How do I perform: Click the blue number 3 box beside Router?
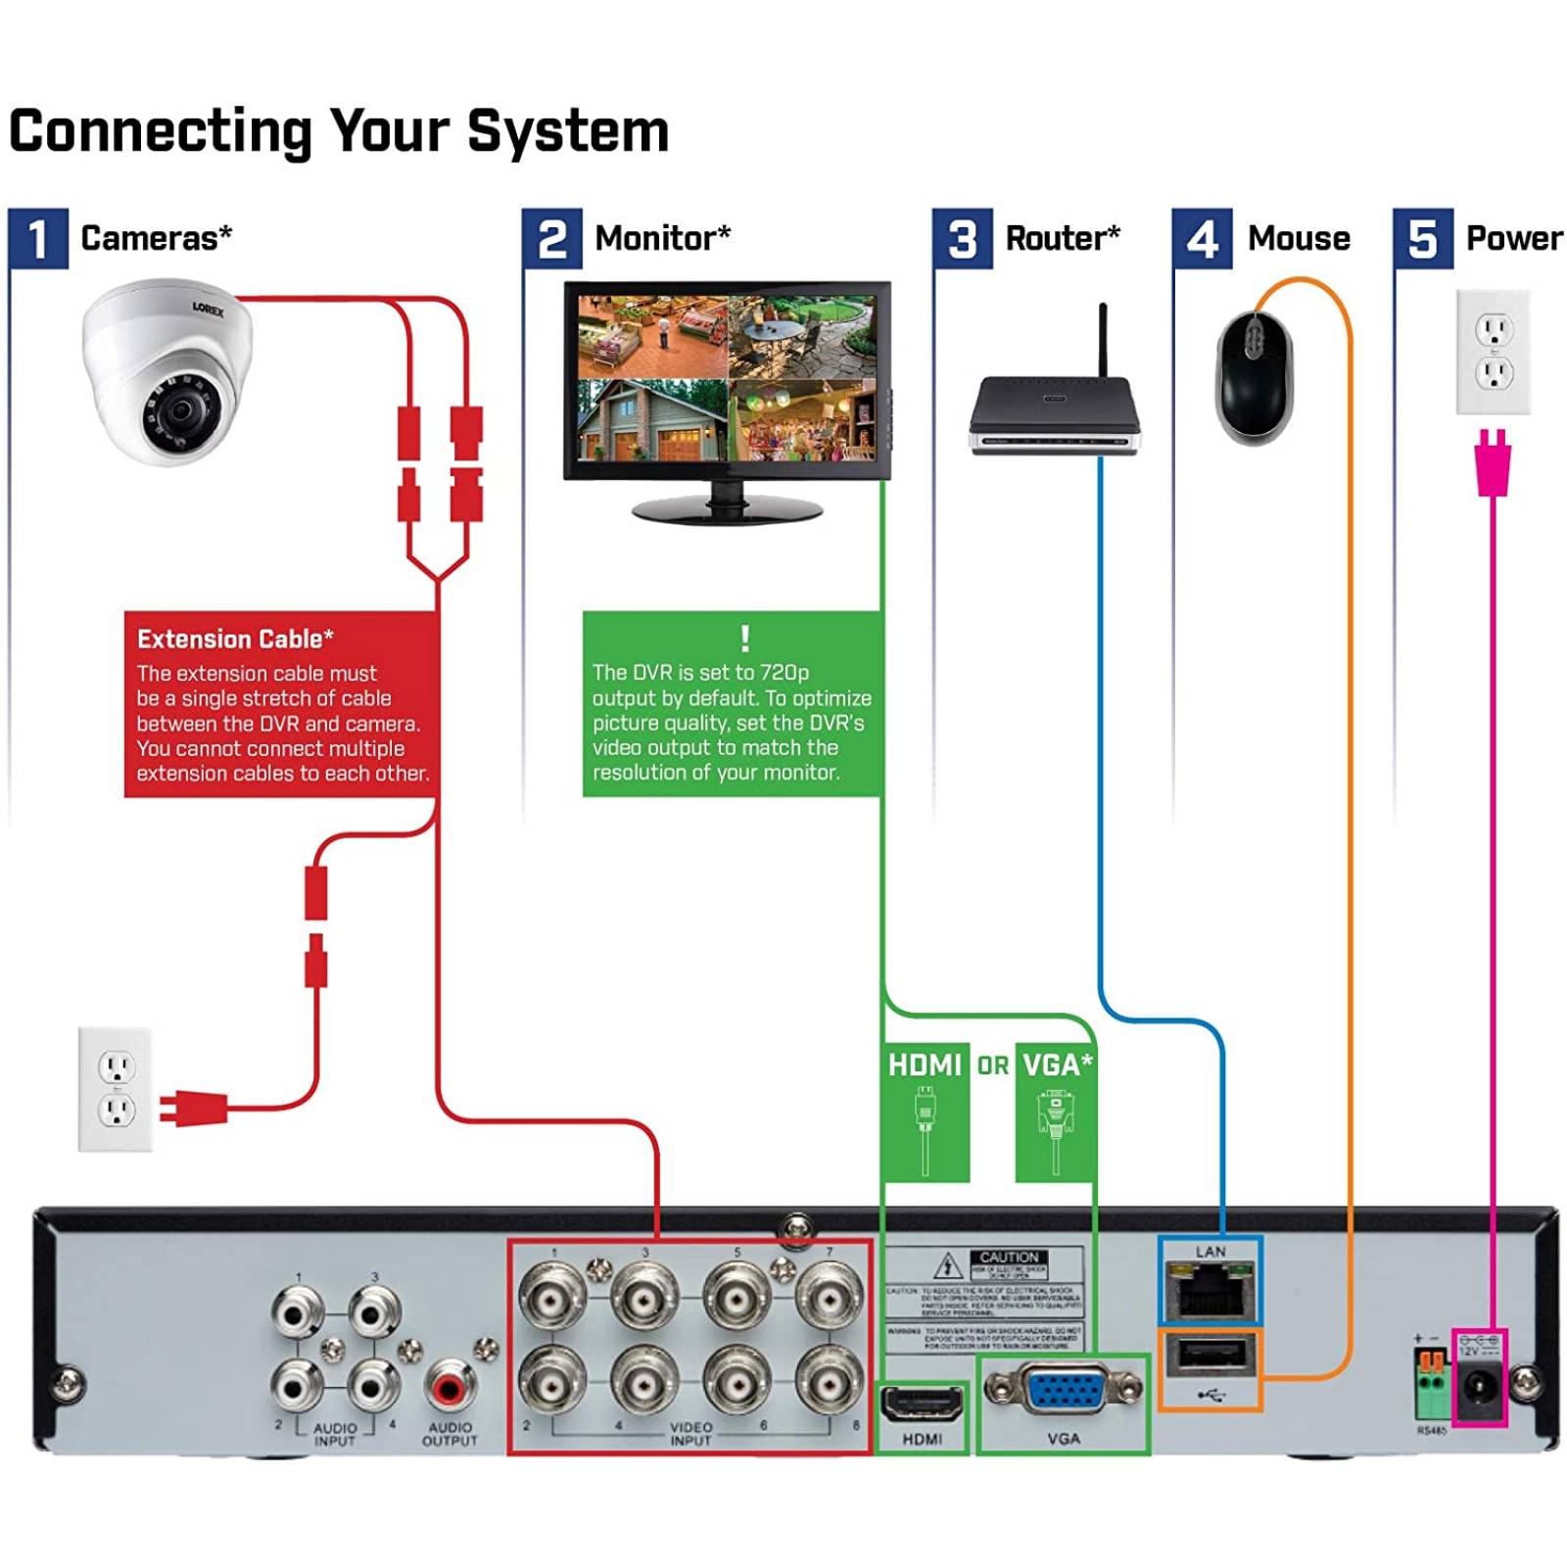[962, 238]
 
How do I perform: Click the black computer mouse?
[1254, 377]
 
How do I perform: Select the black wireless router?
[1055, 416]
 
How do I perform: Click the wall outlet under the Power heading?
[1493, 352]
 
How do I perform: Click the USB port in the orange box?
[1211, 1356]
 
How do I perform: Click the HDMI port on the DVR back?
[922, 1403]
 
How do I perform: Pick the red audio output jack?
[449, 1386]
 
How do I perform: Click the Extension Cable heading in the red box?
[235, 640]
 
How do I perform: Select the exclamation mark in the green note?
[745, 639]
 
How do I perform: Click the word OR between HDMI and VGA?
[992, 1066]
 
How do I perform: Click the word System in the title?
[568, 130]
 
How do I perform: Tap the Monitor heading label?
[662, 238]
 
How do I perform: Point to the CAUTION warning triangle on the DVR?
[947, 1265]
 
